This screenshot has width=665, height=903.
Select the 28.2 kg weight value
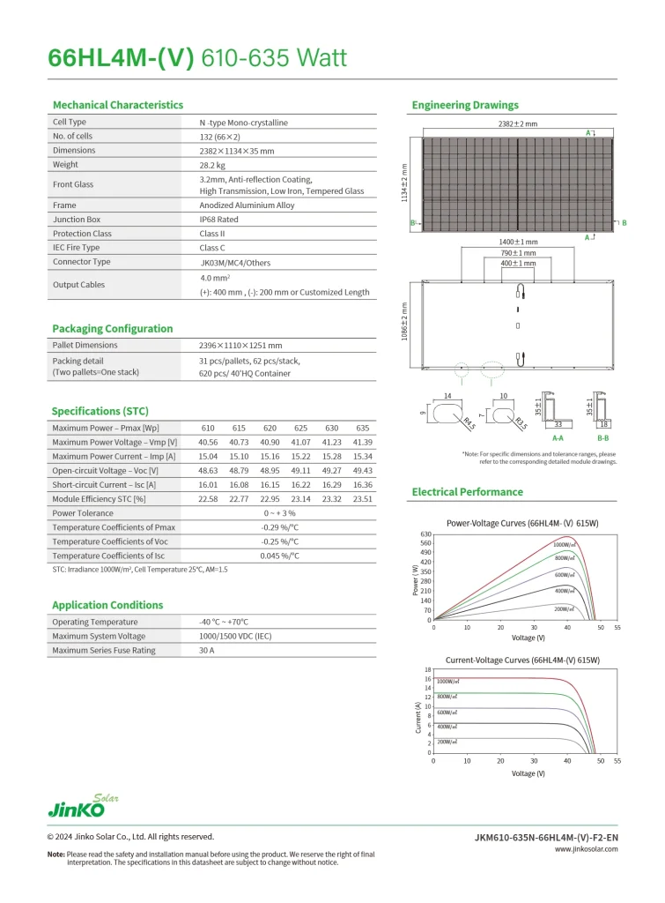pyautogui.click(x=212, y=164)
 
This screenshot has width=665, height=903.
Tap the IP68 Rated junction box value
pyautogui.click(x=218, y=220)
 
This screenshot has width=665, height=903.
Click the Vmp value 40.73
pyautogui.click(x=239, y=442)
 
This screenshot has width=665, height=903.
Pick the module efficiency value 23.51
pyautogui.click(x=362, y=498)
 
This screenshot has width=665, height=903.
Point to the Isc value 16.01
pyautogui.click(x=208, y=484)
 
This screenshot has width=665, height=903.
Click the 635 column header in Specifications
pyautogui.click(x=362, y=428)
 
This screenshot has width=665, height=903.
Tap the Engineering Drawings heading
pyautogui.click(x=465, y=106)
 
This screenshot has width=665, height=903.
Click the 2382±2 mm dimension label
pyautogui.click(x=518, y=124)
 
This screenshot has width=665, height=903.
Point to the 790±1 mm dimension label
pyautogui.click(x=518, y=252)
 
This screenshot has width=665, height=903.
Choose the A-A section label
pyautogui.click(x=558, y=437)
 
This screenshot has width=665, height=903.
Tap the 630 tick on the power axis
pyautogui.click(x=425, y=534)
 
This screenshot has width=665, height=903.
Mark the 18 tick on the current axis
pyautogui.click(x=427, y=670)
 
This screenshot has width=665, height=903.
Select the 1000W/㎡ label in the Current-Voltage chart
pyautogui.click(x=447, y=682)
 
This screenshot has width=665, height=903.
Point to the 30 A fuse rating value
pyautogui.click(x=207, y=650)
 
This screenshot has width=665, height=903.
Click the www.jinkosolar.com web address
pyautogui.click(x=586, y=849)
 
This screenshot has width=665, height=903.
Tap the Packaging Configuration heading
pyautogui.click(x=112, y=329)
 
